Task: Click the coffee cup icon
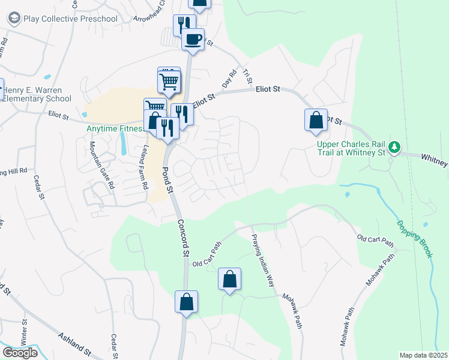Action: (x=193, y=40)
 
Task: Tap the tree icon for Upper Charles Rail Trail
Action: (x=394, y=146)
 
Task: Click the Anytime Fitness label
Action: (x=114, y=128)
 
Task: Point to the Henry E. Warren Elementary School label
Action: (x=37, y=94)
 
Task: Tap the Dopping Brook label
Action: (x=414, y=239)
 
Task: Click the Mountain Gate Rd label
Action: (x=102, y=165)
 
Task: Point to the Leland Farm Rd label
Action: (x=144, y=167)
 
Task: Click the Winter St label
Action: (x=25, y=330)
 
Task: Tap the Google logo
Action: (x=19, y=352)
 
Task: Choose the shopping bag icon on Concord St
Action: (x=186, y=301)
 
